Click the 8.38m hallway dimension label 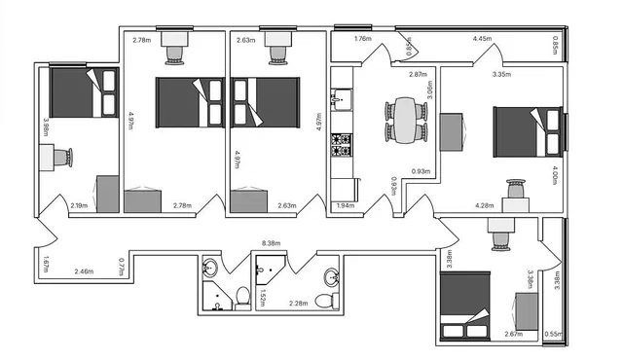coord(272,244)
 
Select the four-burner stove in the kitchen coord(341,144)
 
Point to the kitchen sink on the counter coord(341,97)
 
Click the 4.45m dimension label coord(482,39)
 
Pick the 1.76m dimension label coord(362,39)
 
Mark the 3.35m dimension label coord(502,74)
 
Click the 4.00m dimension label coord(556,178)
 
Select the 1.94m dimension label coord(345,205)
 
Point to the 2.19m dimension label coord(80,205)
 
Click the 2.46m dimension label coord(83,271)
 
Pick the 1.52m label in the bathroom coord(263,297)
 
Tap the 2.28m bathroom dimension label coord(299,304)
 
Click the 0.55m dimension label coord(553,334)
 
